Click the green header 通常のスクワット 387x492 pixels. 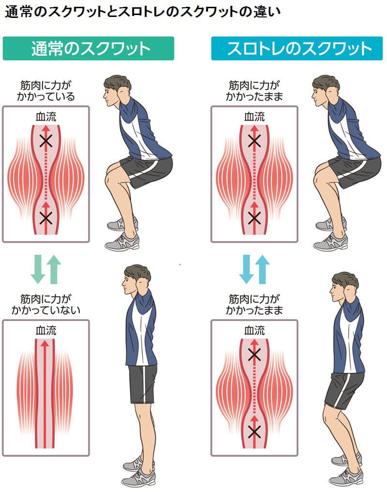click(89, 48)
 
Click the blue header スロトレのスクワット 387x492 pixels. click(297, 48)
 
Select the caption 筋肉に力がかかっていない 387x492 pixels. click(46, 305)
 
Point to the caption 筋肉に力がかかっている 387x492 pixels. click(46, 91)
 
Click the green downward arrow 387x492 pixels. click(38, 269)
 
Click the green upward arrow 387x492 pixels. click(54, 269)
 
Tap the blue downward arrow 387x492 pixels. click(246, 269)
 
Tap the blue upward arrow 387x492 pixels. click(262, 269)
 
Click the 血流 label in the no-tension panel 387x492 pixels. click(46, 330)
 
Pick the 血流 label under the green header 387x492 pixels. click(46, 117)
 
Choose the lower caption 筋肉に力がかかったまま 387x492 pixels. click(254, 305)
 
